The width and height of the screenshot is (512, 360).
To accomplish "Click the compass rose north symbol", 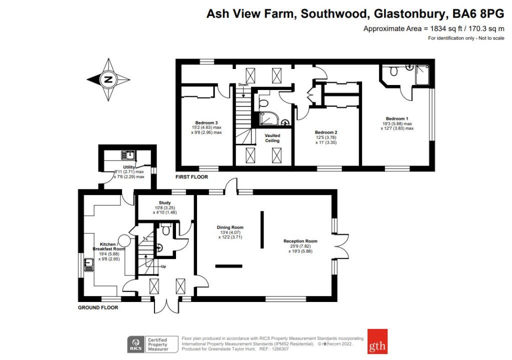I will (x=108, y=79).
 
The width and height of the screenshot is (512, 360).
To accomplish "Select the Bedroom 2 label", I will (x=326, y=132).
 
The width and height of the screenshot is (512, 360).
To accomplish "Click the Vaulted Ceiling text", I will (x=272, y=138).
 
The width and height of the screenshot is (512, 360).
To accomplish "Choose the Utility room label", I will (x=129, y=167).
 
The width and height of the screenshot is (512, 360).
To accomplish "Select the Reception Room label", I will (x=300, y=241).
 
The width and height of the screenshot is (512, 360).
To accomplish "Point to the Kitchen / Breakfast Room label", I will (x=108, y=245).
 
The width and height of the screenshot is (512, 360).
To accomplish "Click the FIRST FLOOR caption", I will (x=192, y=177).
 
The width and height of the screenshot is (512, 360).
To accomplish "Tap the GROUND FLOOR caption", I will (x=98, y=307).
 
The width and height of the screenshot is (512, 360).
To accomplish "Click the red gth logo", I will (x=377, y=341).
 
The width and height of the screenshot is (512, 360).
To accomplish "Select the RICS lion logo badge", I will (x=135, y=343).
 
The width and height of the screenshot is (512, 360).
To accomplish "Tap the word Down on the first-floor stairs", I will (x=243, y=84).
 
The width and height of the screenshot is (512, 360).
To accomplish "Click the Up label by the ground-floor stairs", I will (x=163, y=266).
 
